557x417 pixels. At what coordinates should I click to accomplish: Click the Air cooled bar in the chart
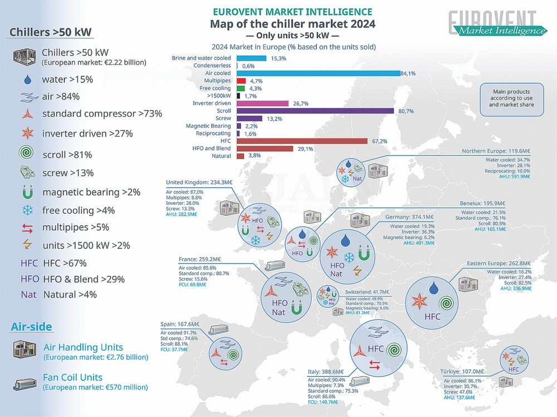point(318,73)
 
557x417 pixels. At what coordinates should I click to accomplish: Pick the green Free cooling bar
point(241,88)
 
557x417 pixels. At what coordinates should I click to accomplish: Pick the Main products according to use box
point(511,98)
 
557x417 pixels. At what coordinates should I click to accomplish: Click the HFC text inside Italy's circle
point(375,349)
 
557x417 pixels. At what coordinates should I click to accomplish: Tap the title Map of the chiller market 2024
point(292,23)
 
